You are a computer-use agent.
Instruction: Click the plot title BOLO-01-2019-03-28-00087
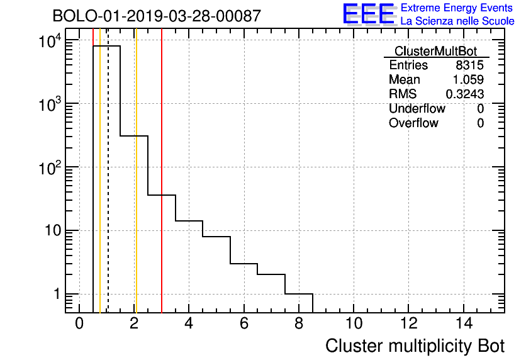(x=156, y=16)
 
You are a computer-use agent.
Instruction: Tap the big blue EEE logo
(x=369, y=14)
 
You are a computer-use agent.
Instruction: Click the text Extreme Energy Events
(x=457, y=8)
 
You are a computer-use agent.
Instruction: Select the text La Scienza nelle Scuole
(x=457, y=21)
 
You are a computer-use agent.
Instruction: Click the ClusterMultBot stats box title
(x=435, y=51)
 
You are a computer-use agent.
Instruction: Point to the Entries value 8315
(x=469, y=65)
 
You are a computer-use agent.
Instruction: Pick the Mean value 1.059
(x=468, y=80)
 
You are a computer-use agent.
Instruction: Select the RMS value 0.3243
(x=465, y=94)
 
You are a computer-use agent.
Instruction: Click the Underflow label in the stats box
(x=417, y=109)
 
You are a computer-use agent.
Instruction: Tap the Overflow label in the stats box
(x=413, y=123)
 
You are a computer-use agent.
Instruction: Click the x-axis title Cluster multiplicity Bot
(x=415, y=346)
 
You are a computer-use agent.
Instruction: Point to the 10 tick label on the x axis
(x=354, y=324)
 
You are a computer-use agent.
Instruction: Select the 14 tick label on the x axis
(x=464, y=324)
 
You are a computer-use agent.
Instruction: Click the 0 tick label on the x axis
(x=79, y=324)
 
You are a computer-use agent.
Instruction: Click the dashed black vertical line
(x=108, y=189)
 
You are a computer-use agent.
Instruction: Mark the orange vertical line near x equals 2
(x=136, y=189)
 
